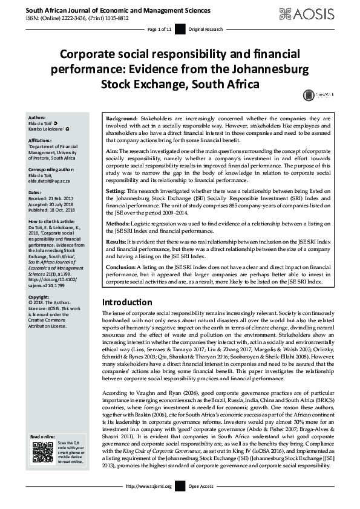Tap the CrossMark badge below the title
point(314,95)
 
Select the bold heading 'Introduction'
point(127,302)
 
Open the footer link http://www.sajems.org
point(148,502)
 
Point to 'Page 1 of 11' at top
point(159,29)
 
